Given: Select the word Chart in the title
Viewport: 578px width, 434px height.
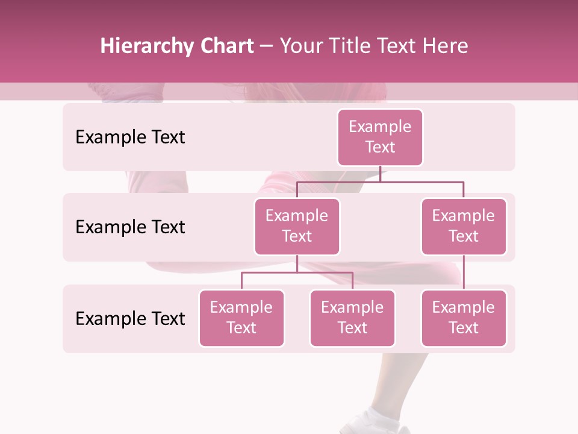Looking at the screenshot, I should tap(227, 46).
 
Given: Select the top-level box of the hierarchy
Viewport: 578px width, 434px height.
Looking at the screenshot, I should tap(380, 137).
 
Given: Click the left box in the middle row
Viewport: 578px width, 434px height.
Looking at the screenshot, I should tap(297, 226).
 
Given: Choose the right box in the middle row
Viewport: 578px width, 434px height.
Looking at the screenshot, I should tap(464, 226).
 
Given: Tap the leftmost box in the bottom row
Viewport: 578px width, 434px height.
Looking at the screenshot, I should tap(241, 318).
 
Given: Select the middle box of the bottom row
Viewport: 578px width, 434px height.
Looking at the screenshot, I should tap(352, 318).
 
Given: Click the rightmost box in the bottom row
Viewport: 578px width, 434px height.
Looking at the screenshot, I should tap(464, 318).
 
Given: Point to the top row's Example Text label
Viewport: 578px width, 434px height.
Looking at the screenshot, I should tap(130, 137).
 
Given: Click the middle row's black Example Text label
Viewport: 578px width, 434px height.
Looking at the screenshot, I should tap(130, 227).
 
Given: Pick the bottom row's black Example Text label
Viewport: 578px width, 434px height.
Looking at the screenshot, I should tap(130, 318).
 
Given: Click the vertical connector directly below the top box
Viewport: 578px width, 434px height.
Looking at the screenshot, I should tap(380, 174).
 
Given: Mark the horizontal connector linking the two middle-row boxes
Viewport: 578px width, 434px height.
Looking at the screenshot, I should tap(380, 181).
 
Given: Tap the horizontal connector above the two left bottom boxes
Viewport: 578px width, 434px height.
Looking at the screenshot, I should tap(297, 272).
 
